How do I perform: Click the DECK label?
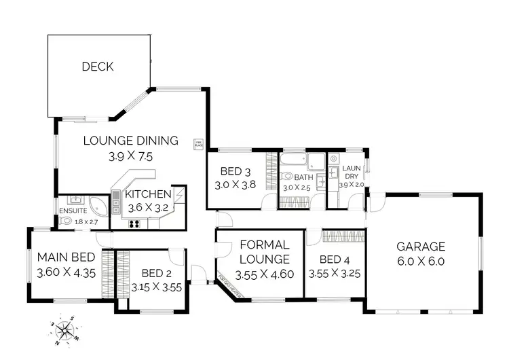pos(98,67)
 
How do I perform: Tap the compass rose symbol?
pos(66,330)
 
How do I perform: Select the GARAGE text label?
pos(421,247)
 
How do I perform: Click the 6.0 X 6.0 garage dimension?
pos(421,262)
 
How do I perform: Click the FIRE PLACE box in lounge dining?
pos(199,143)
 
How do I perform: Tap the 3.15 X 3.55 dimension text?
pos(157,286)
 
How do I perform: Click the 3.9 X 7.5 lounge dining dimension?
pos(131,156)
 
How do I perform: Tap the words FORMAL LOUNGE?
pos(265,251)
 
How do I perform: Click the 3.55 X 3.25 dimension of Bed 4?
pos(334,274)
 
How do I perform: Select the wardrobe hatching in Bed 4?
pos(343,237)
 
